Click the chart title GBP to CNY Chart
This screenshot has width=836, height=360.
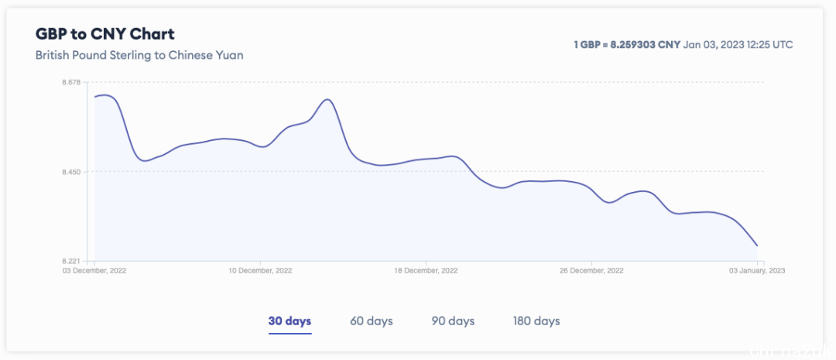[x=105, y=34]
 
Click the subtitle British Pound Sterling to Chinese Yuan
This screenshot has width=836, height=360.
[x=139, y=56]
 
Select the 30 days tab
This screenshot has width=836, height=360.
[x=290, y=321]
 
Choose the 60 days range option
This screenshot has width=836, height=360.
[x=372, y=321]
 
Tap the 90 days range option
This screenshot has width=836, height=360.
[x=453, y=321]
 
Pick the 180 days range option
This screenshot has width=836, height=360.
[x=536, y=321]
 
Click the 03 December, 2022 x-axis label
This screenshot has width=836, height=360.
[x=94, y=271]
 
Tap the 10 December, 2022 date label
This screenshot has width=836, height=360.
[x=261, y=271]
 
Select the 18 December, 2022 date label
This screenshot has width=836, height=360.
[x=427, y=271]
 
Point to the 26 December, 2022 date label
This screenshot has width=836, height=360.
[x=592, y=271]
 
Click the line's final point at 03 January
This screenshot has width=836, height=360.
[x=757, y=246]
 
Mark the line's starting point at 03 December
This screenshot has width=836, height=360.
[x=94, y=97]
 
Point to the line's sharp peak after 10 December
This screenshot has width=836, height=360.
[x=328, y=99]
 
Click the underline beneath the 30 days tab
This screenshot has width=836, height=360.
[x=290, y=334]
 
